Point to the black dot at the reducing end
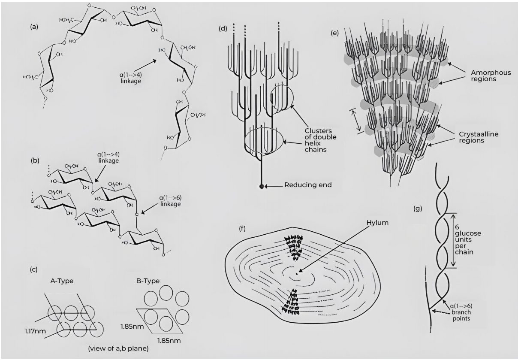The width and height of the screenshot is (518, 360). pyautogui.click(x=261, y=186)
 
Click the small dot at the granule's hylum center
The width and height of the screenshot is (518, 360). pyautogui.click(x=298, y=271)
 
